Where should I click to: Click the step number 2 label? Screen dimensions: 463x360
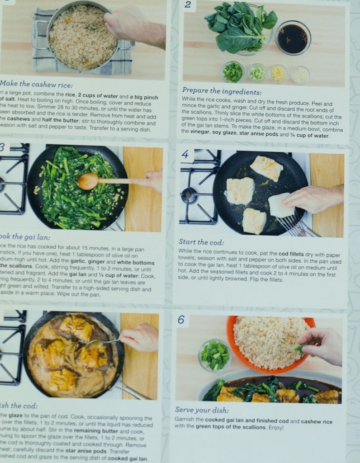pos(188,5)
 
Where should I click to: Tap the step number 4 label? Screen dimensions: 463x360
pos(185,155)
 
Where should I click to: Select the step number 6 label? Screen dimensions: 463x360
pos(181,320)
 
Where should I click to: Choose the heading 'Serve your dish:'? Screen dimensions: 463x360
pos(202,410)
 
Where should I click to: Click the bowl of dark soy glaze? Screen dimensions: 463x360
pos(293,38)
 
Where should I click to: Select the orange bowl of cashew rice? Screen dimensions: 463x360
pos(270,343)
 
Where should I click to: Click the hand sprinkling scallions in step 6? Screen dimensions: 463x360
pos(322,345)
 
